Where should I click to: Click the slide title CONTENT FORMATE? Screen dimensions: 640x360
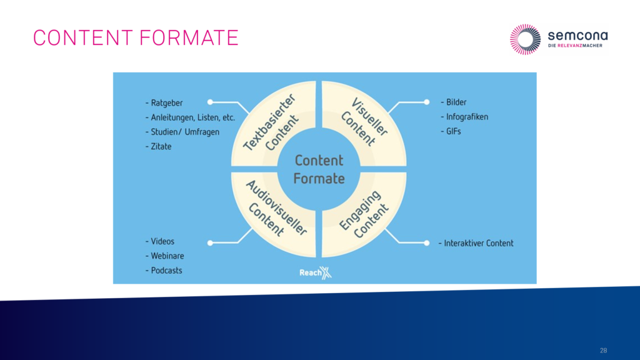(136, 38)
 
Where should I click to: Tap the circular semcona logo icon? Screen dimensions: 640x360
(525, 39)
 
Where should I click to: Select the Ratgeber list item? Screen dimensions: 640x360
(164, 103)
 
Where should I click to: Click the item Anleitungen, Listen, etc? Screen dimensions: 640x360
(190, 117)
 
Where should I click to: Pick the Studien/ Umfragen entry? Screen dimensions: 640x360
(182, 132)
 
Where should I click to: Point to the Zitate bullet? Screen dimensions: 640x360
(158, 146)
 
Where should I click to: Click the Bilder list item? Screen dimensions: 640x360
(454, 102)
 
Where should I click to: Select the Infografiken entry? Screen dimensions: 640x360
(464, 117)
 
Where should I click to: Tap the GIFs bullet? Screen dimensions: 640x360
(451, 131)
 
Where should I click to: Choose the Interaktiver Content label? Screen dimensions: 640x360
(476, 243)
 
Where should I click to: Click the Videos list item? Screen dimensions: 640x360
(159, 241)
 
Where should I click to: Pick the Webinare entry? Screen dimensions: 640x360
(164, 256)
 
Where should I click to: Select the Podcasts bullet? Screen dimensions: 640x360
(164, 271)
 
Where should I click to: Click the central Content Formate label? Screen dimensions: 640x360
(319, 169)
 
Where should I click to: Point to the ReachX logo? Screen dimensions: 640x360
(316, 272)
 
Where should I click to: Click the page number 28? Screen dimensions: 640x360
(603, 351)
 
